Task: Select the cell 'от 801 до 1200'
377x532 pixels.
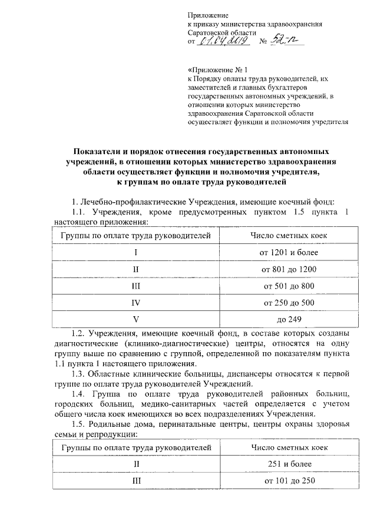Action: coord(289,269)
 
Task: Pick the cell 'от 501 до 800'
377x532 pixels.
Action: coord(289,286)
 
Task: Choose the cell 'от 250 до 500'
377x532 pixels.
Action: coord(289,303)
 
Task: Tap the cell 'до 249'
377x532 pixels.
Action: coord(289,320)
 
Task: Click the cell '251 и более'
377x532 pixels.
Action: coord(289,464)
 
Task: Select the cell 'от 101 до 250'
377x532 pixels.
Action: coord(289,481)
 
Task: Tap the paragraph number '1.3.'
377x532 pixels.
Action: coord(77,374)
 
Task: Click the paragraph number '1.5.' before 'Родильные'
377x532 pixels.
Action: coord(77,425)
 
